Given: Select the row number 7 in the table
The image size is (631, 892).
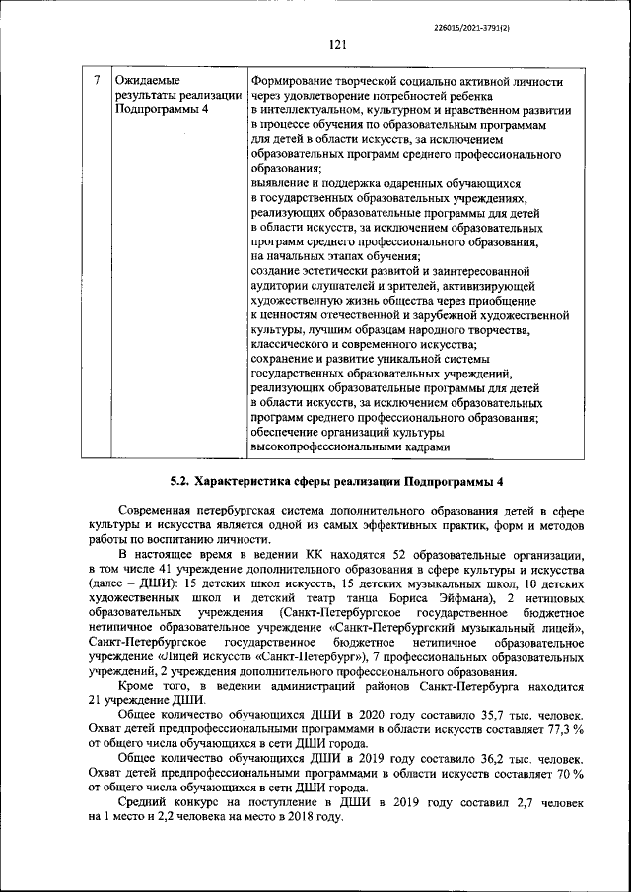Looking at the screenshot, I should [x=96, y=80].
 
